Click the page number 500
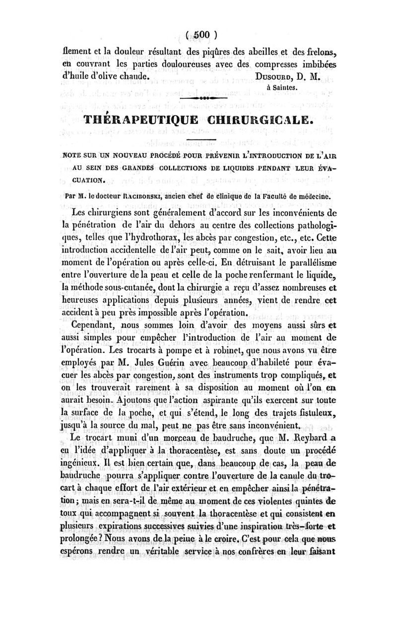pyautogui.click(x=198, y=34)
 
